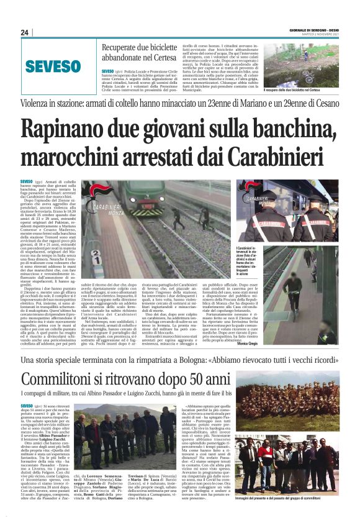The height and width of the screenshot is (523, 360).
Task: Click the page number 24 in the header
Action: (x=25, y=33)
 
